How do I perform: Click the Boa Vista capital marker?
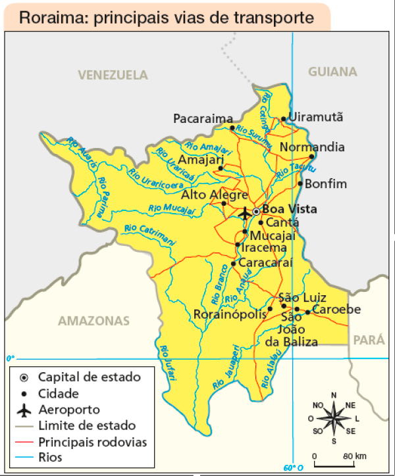(x=256, y=211)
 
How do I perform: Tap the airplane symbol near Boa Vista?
(x=245, y=214)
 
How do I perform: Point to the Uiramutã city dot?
(x=284, y=119)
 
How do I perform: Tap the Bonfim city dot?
(x=300, y=183)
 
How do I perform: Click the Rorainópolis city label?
(x=229, y=315)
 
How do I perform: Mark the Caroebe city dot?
(x=307, y=312)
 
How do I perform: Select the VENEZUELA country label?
(x=113, y=75)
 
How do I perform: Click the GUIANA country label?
(x=332, y=72)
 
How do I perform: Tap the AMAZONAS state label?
(x=94, y=321)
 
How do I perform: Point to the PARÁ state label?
(x=369, y=340)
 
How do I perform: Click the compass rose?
(x=334, y=418)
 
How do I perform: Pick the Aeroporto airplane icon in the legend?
(x=24, y=410)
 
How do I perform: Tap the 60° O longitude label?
(x=293, y=469)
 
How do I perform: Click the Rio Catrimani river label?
(x=148, y=233)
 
